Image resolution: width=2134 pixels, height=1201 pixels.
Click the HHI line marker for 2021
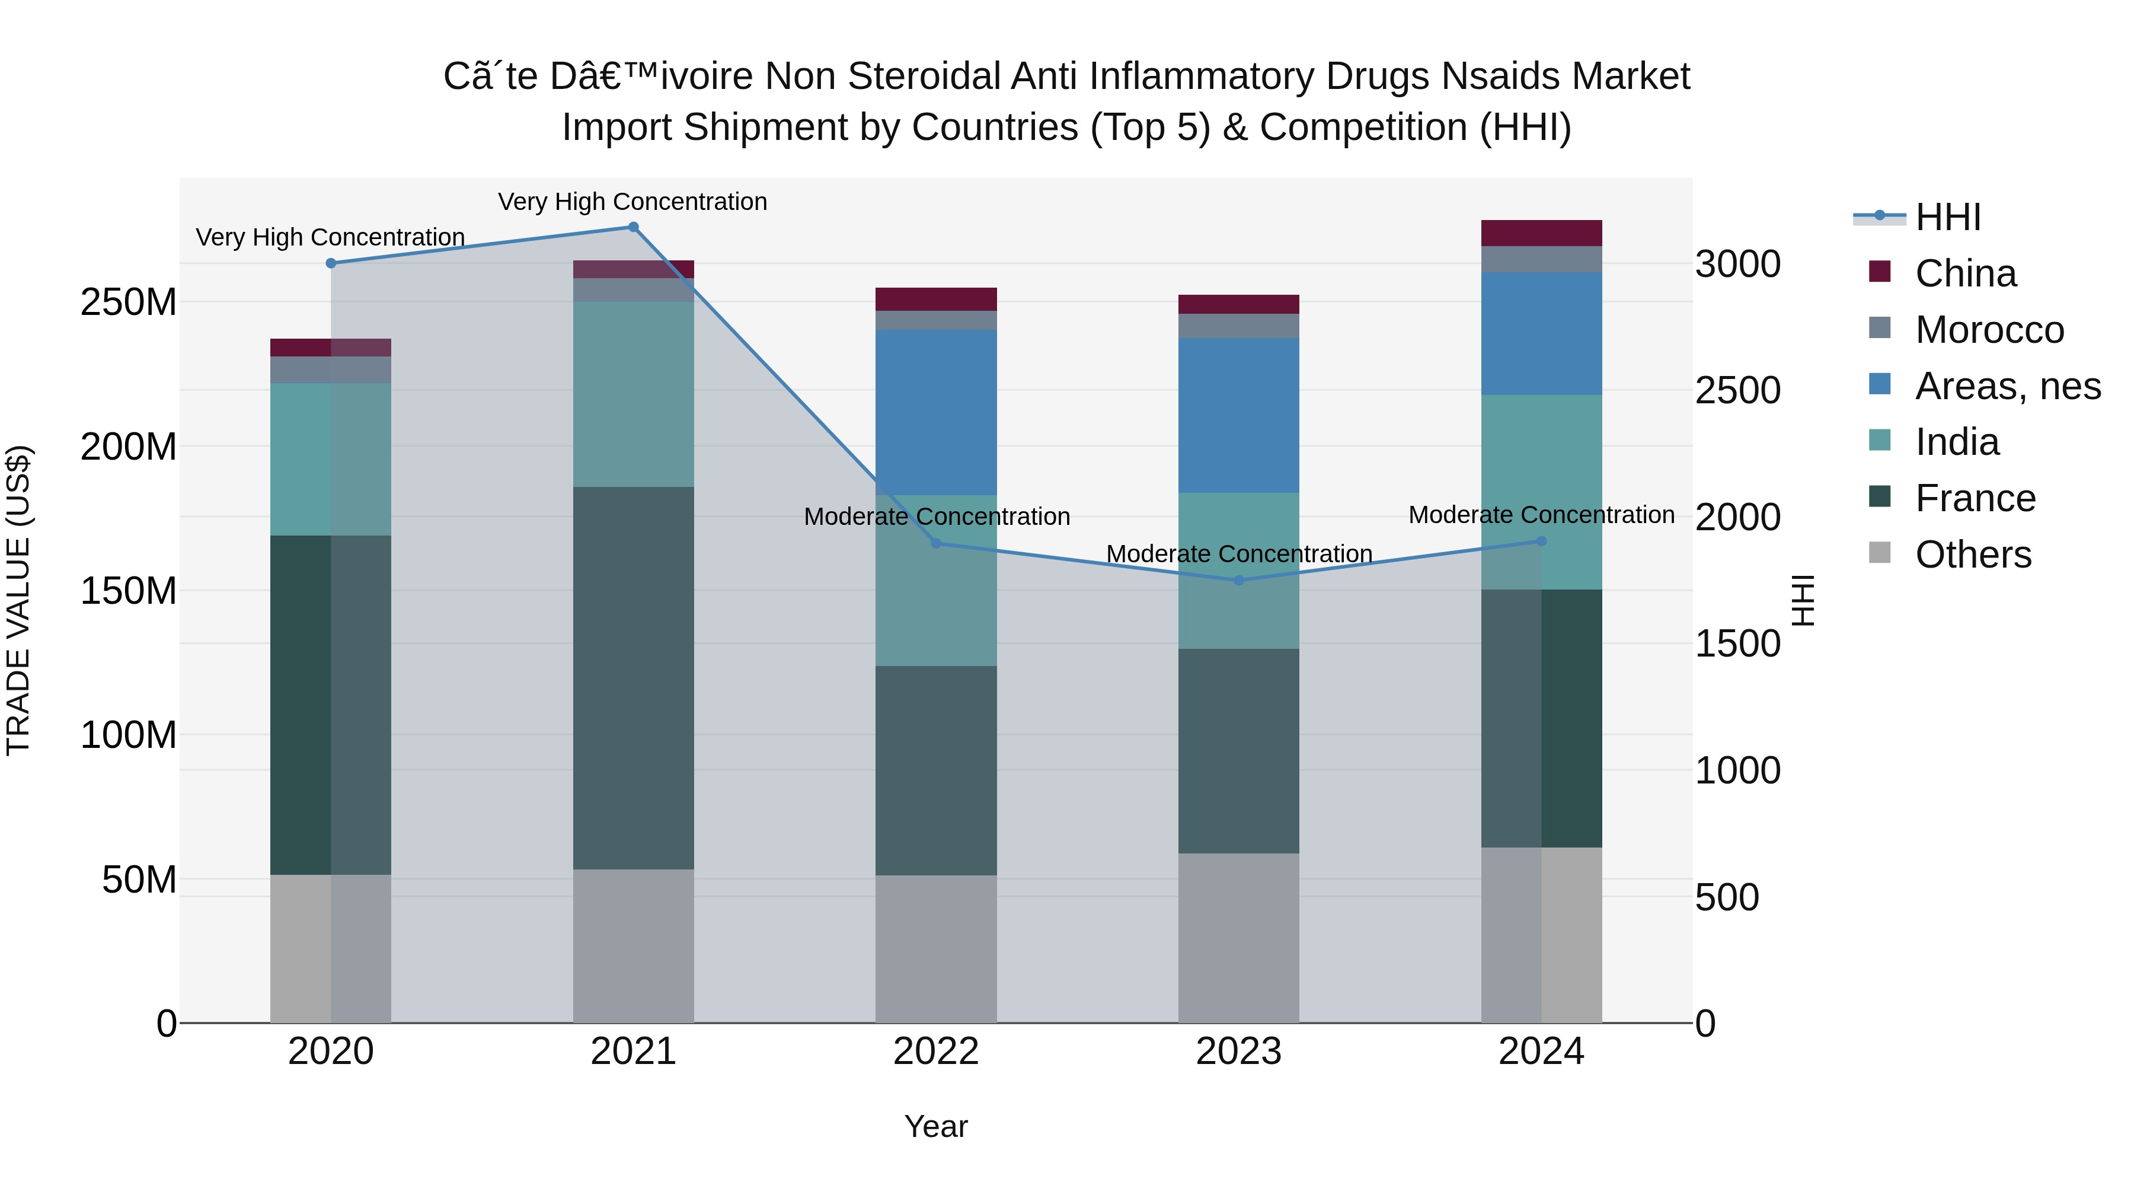[x=633, y=227]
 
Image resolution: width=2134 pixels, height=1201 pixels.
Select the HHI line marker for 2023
[x=1238, y=580]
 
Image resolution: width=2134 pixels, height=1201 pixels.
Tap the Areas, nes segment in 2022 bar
[x=936, y=412]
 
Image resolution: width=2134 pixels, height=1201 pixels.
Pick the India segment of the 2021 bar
[x=633, y=394]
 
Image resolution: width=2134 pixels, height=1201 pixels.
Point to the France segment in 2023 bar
[x=1238, y=750]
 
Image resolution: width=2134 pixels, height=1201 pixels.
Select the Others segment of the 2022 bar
[x=936, y=948]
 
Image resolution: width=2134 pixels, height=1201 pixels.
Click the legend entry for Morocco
[x=1988, y=330]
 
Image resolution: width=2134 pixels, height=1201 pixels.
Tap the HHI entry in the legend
[x=1947, y=217]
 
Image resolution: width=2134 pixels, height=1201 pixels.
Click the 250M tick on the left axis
[x=129, y=302]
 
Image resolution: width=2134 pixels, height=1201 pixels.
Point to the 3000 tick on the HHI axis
[x=1737, y=265]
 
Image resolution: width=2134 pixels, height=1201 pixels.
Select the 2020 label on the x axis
[x=331, y=1052]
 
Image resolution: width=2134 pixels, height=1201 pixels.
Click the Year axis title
[x=935, y=1126]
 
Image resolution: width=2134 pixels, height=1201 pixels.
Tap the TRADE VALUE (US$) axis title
[x=19, y=600]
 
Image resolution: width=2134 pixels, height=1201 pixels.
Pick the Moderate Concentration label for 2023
[x=1238, y=554]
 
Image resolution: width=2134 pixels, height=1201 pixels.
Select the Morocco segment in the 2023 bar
[x=1238, y=326]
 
